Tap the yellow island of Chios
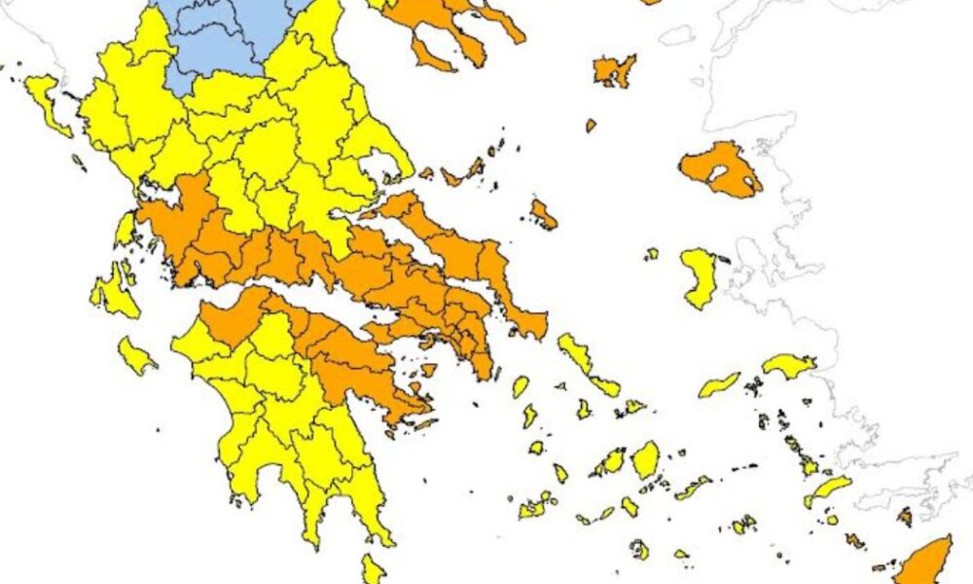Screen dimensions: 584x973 click(698, 274)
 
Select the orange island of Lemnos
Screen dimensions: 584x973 click(613, 70)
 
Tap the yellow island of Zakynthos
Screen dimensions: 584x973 click(135, 356)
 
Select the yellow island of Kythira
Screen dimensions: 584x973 click(373, 568)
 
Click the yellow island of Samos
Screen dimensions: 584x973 click(788, 366)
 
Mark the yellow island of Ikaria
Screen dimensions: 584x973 click(719, 385)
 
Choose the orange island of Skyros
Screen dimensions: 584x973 click(544, 214)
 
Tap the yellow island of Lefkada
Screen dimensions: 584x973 click(126, 230)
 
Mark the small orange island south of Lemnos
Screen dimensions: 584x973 click(591, 126)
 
